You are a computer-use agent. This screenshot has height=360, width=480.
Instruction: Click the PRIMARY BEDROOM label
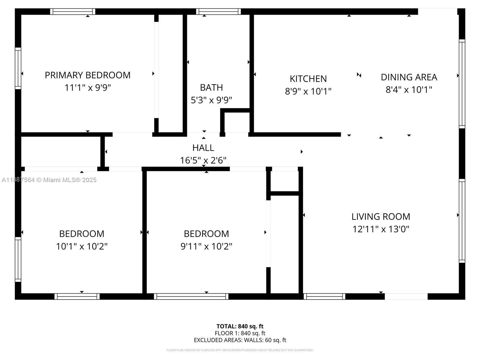pos(88,75)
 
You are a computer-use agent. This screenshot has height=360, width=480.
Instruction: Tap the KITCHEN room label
pos(308,79)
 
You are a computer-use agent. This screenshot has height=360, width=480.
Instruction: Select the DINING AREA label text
pos(409,77)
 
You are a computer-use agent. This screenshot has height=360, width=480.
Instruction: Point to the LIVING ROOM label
pos(381,217)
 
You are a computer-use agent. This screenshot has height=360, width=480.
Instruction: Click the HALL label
pos(203,148)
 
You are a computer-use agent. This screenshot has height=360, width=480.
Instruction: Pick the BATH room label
pos(211,87)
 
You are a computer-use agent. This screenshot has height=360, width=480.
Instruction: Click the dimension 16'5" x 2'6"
pos(203,160)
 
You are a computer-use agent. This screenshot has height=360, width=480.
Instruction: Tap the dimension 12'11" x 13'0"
pos(381,229)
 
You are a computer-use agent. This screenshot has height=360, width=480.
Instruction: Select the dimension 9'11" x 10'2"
pos(206,246)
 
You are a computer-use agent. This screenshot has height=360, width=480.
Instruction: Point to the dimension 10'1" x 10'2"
pos(82,246)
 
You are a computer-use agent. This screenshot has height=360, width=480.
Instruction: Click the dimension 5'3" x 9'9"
pos(211,100)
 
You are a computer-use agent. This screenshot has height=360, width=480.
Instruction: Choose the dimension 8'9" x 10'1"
pos(308,91)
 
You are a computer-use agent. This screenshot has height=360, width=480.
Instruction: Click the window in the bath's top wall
pos(218,12)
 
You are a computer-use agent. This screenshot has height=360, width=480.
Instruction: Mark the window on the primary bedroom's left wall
pos(18,68)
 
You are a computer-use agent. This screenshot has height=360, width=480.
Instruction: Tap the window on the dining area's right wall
pos(462,84)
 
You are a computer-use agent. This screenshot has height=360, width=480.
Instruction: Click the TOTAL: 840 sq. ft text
pos(240,326)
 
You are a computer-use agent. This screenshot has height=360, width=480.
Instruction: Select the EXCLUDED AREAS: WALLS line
pos(240,340)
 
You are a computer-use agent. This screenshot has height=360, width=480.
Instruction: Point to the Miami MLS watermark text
pos(49,180)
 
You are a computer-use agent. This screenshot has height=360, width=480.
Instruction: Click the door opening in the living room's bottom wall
pos(406,297)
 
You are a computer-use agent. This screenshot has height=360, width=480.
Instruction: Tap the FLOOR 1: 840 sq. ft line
pos(240,333)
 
